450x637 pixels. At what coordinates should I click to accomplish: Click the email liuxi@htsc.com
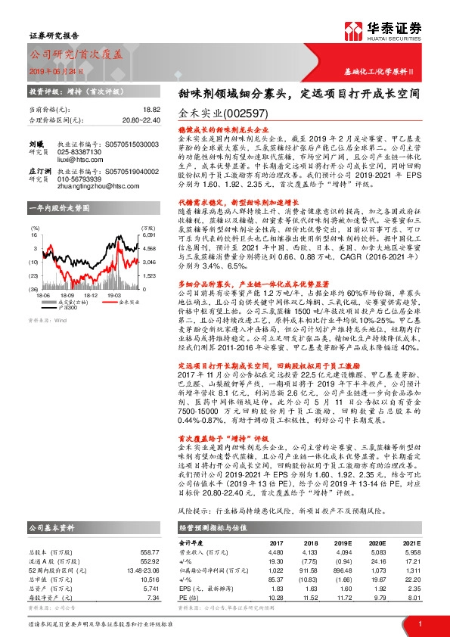click(x=78, y=160)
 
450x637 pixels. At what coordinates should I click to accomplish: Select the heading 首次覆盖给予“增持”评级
click(x=225, y=416)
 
